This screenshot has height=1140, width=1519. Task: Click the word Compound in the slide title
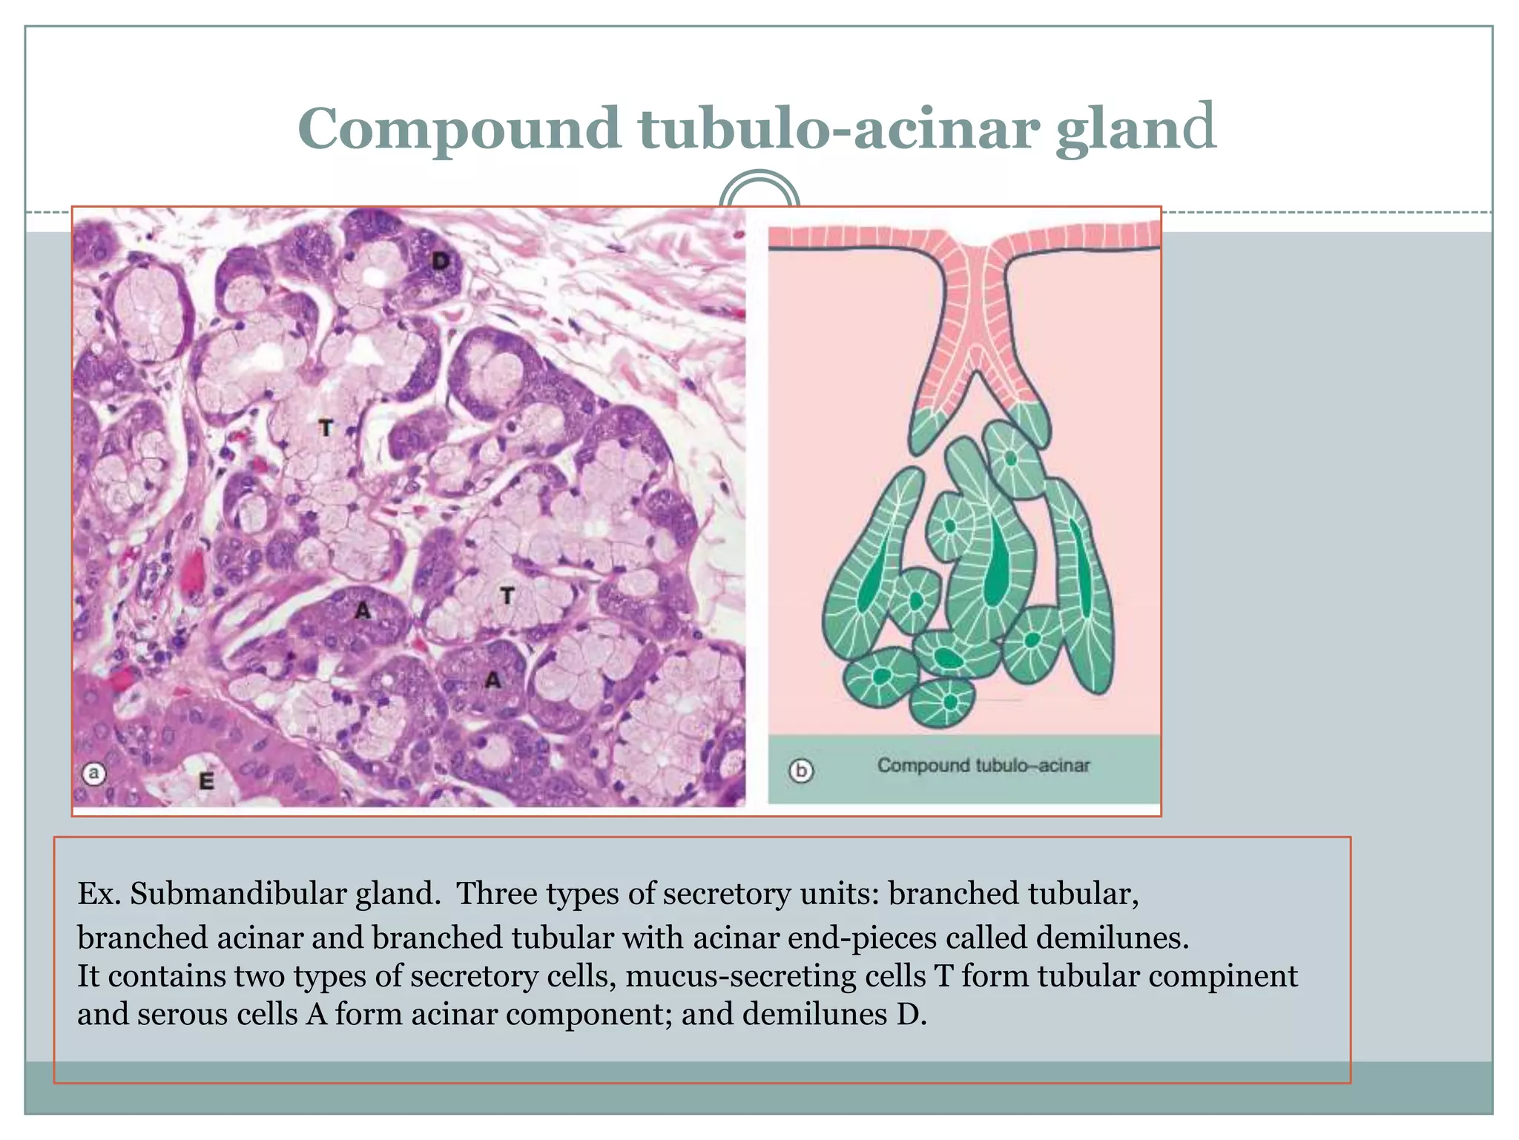(x=458, y=128)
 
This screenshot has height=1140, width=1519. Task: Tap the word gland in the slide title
(x=1136, y=128)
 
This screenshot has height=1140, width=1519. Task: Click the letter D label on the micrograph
(x=441, y=260)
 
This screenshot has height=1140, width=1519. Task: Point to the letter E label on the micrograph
(x=206, y=781)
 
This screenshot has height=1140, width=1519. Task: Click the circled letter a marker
(x=93, y=774)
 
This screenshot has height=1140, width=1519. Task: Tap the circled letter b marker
(x=801, y=771)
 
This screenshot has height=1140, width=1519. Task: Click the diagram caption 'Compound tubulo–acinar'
(x=983, y=765)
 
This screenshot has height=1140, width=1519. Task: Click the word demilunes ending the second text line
(x=1112, y=938)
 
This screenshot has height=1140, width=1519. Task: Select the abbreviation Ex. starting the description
(x=99, y=894)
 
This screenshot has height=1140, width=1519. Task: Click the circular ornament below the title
(x=759, y=194)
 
